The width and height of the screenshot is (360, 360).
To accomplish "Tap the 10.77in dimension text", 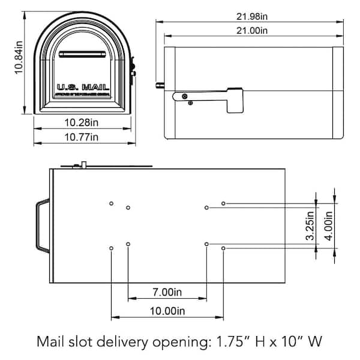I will (82, 137).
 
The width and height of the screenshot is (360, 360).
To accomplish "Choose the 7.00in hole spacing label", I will (166, 292).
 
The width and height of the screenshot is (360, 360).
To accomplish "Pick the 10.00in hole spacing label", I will (166, 311).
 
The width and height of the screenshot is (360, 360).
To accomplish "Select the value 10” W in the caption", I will (298, 343).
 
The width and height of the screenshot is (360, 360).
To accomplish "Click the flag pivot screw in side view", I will (185, 96).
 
